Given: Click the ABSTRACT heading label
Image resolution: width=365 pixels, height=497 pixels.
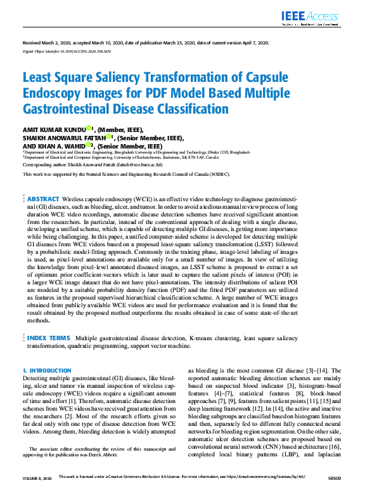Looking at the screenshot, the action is [x=44, y=182].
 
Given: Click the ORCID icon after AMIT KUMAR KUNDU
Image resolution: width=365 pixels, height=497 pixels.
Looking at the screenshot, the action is [x=89, y=128].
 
